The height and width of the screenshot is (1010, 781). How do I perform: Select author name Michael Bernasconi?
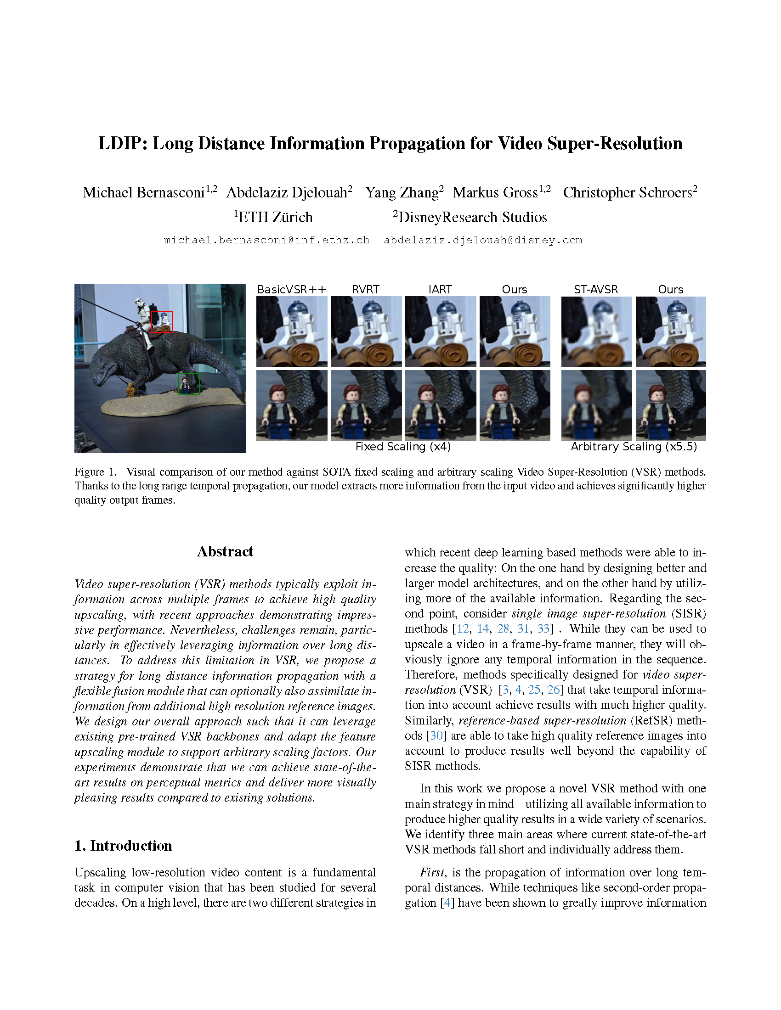coord(143,192)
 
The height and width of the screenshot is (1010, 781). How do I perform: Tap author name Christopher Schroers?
coord(627,192)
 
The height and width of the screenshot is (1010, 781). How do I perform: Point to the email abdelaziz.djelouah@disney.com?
coord(482,240)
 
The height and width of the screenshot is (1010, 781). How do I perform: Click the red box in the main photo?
coord(162,321)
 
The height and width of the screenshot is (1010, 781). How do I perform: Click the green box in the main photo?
coord(189,383)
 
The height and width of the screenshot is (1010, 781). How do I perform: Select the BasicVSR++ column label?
coord(291,290)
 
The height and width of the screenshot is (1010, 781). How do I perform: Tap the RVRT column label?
coord(366,290)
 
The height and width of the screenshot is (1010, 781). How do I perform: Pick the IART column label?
coord(440,290)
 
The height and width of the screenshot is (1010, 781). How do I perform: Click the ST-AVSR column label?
coord(596,290)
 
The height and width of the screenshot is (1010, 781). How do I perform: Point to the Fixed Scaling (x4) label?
coord(403,446)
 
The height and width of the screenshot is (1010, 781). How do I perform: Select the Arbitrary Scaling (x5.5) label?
coord(634,446)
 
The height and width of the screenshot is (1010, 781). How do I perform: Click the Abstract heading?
coord(225,551)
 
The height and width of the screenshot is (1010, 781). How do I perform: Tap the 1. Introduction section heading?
coord(123,845)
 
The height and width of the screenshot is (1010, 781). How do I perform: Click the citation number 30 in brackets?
coord(436,735)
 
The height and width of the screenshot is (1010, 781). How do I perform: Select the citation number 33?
coord(543,628)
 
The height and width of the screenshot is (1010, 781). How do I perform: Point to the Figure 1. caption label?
coord(95,471)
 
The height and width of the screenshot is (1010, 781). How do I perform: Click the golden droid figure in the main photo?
coord(131,389)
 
